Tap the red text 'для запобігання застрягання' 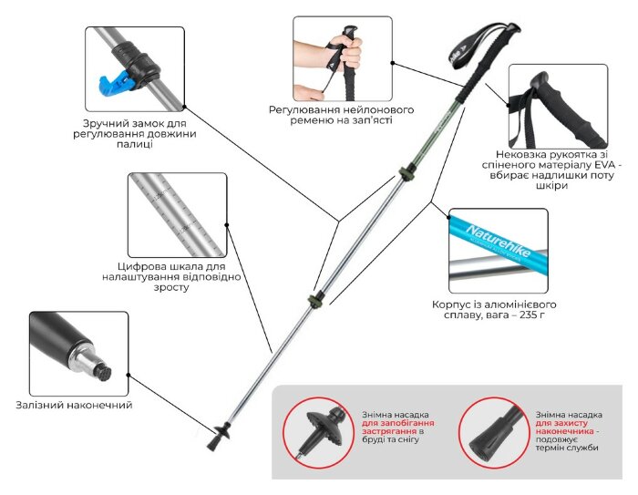[x=397, y=429]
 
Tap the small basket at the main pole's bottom [x=220, y=431]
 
